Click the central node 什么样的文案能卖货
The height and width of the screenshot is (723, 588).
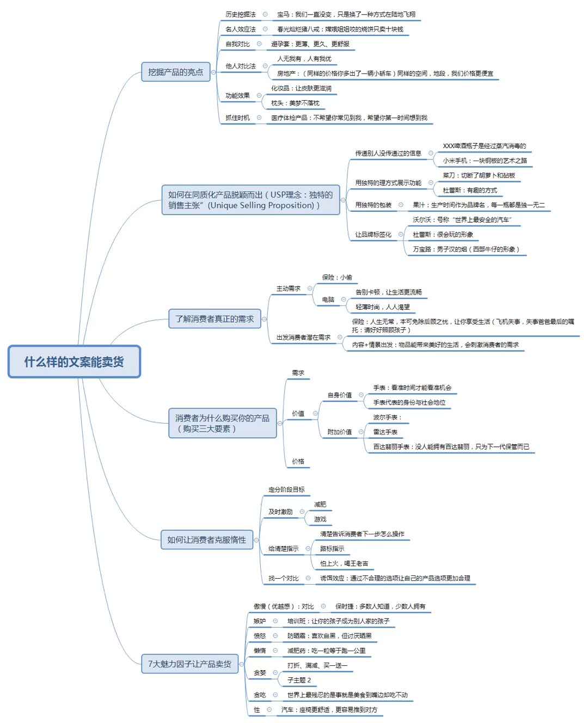(74, 361)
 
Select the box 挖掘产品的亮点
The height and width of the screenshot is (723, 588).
(175, 72)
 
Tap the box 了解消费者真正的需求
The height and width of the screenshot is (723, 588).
(215, 318)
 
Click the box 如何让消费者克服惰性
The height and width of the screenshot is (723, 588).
(207, 540)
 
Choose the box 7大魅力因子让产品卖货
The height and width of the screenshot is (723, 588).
(190, 664)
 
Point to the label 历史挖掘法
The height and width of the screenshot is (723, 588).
(240, 14)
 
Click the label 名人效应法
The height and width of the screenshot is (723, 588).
(240, 29)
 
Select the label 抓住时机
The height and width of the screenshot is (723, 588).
(237, 118)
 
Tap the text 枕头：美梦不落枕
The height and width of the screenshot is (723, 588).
(295, 103)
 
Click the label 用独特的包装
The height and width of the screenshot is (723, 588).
(373, 205)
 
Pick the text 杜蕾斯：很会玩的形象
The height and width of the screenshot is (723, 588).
(443, 235)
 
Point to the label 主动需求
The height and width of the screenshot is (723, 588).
(288, 289)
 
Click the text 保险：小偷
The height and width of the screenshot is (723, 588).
(337, 277)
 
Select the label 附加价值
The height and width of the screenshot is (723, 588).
(339, 432)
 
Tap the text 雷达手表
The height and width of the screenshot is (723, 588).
(385, 432)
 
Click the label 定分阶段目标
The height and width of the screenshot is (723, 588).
(286, 489)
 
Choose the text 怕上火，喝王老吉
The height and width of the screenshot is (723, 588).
(344, 563)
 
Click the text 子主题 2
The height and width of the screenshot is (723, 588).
(299, 680)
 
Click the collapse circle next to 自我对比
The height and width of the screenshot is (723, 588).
(259, 44)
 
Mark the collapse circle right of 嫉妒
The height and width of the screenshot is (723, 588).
(275, 621)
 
